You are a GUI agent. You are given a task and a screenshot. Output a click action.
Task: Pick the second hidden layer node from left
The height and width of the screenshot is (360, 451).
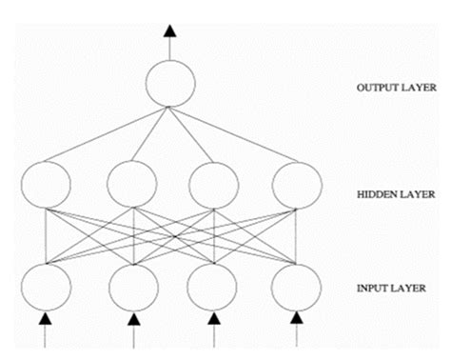tap(131, 184)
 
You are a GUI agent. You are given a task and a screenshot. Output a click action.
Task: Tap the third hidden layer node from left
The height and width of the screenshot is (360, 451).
tap(215, 184)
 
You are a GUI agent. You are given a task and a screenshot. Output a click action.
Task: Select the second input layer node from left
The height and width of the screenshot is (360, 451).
tap(133, 286)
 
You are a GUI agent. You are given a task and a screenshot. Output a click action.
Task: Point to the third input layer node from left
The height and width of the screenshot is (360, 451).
tap(215, 286)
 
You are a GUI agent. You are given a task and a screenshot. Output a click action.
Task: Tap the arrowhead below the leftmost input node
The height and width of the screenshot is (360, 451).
tap(45, 324)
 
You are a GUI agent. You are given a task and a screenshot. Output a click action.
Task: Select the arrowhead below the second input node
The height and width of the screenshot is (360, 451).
tap(133, 324)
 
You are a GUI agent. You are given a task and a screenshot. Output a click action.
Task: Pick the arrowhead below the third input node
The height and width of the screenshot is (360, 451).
tap(215, 324)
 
